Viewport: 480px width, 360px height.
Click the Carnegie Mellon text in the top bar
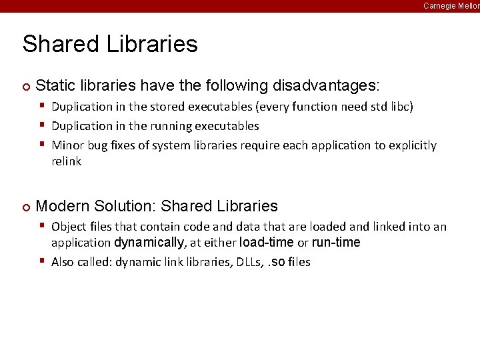tap(451, 5)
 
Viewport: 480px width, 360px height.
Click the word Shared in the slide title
tap(51, 44)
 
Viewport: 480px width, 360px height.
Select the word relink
tap(66, 161)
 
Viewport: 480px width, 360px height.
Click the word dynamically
tap(149, 243)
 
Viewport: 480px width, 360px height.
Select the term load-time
tap(266, 243)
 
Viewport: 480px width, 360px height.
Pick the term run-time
tap(336, 243)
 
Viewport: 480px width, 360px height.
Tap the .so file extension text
tap(276, 262)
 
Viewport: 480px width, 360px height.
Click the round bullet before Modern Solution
tap(25, 207)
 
